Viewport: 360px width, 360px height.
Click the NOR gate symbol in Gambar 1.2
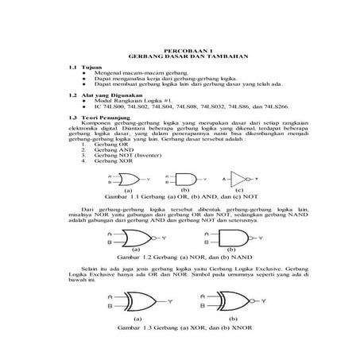[x=134, y=238]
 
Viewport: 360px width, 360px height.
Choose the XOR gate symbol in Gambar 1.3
[x=137, y=302]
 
